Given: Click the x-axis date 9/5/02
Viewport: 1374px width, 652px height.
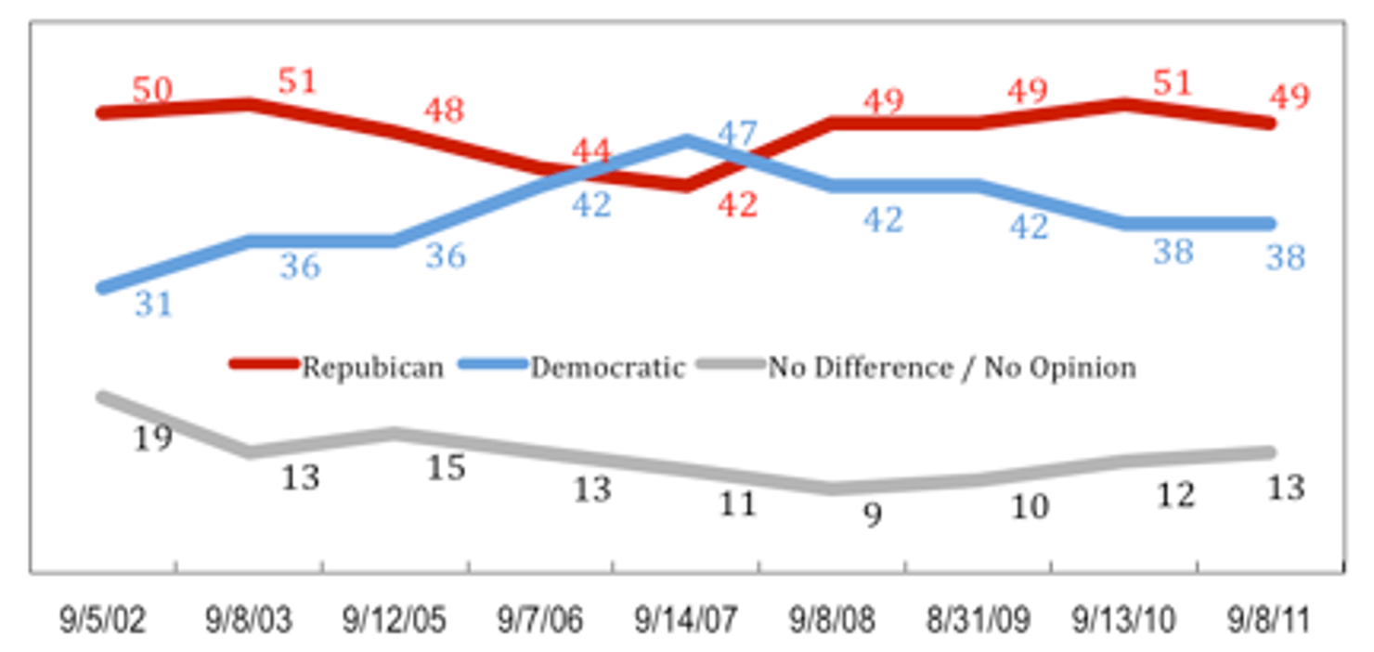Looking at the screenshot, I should (x=103, y=619).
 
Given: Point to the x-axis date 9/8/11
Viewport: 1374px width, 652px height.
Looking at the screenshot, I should (x=1269, y=619).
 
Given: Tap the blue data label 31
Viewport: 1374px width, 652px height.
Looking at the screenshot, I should (x=153, y=304).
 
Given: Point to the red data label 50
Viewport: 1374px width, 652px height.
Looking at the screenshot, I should (x=152, y=90).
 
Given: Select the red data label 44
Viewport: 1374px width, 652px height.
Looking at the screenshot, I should (x=591, y=150).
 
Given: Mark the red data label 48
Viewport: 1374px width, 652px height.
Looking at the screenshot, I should (x=444, y=111).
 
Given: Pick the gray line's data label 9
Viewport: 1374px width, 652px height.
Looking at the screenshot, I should (x=872, y=515).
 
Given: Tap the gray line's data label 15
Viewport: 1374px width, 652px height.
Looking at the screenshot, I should (x=445, y=467).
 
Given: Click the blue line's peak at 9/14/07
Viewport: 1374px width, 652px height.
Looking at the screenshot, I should (x=686, y=141).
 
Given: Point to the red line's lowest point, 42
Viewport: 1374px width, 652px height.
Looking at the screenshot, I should (x=686, y=186).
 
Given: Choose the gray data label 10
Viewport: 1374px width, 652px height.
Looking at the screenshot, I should (x=1029, y=507).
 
